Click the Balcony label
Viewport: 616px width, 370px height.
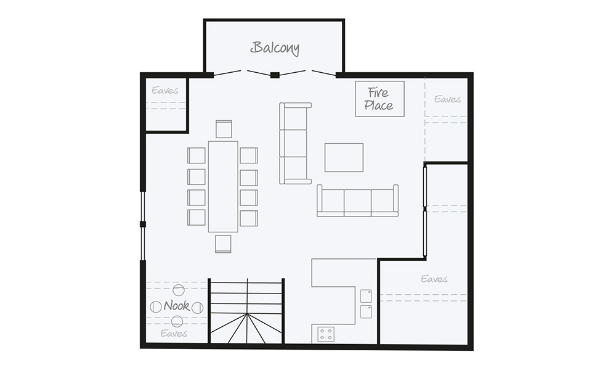(x=275, y=48)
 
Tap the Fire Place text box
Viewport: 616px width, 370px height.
(x=379, y=99)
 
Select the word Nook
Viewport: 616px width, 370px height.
(x=176, y=306)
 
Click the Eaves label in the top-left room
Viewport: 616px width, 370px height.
(x=165, y=91)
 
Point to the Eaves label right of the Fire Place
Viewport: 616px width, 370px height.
(x=447, y=99)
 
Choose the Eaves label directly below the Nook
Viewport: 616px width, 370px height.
(x=174, y=334)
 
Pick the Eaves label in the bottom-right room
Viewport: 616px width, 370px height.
(x=434, y=279)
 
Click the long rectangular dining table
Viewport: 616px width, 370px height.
(x=223, y=186)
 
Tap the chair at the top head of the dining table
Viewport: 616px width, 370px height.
(x=224, y=129)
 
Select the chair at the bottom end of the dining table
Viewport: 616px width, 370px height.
(x=223, y=244)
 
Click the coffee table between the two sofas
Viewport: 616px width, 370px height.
(x=344, y=157)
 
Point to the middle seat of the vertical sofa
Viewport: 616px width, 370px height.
(x=294, y=143)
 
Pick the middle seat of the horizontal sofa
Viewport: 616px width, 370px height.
(x=357, y=202)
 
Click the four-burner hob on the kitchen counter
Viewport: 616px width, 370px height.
(x=326, y=334)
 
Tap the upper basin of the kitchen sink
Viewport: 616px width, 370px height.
(x=366, y=295)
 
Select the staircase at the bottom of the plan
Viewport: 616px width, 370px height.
(x=247, y=311)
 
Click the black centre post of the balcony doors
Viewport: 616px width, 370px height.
(x=275, y=75)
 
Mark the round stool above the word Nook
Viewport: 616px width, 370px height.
(x=179, y=290)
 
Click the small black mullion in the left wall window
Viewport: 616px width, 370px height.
(x=142, y=224)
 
